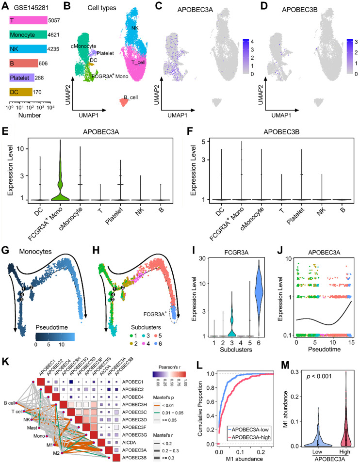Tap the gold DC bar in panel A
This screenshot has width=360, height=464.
pyautogui.click(x=20, y=91)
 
